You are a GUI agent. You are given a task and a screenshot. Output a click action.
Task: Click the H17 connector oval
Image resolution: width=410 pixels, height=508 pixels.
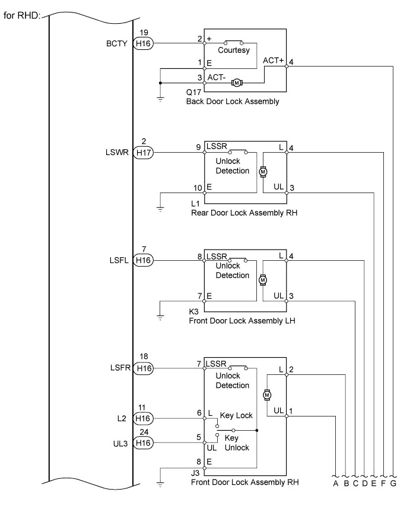(x=143, y=152)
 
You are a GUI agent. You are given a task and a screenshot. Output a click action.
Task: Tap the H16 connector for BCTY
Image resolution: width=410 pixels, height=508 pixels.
(x=143, y=43)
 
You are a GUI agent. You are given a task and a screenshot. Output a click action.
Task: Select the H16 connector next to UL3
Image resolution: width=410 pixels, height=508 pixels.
(x=143, y=443)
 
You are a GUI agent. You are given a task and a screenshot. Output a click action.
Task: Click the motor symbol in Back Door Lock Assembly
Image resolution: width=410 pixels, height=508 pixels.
(x=237, y=83)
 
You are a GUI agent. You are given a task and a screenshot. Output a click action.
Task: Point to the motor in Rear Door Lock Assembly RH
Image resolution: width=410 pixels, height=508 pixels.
(x=263, y=172)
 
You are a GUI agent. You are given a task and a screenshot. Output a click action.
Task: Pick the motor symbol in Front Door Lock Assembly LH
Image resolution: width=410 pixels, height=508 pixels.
(x=263, y=280)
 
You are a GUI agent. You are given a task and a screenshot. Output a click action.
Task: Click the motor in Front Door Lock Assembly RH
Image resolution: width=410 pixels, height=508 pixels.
(x=266, y=395)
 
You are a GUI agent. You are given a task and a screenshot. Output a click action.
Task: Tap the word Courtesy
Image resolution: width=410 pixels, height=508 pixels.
(x=234, y=51)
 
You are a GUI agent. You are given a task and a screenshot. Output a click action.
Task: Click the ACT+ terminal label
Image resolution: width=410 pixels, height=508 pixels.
(x=273, y=61)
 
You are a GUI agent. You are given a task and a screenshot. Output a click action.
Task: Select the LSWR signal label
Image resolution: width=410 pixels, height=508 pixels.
(x=117, y=152)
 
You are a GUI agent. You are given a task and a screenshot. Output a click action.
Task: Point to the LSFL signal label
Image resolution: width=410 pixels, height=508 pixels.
(x=119, y=260)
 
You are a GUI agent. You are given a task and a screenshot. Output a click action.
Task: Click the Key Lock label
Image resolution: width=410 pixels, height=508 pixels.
(x=236, y=416)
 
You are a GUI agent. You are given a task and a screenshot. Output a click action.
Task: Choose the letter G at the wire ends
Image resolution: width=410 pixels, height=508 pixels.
(x=393, y=484)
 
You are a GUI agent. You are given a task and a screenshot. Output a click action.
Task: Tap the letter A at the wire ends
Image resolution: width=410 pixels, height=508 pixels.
(x=336, y=484)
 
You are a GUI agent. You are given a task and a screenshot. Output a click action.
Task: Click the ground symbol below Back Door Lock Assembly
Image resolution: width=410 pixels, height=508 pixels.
(x=160, y=99)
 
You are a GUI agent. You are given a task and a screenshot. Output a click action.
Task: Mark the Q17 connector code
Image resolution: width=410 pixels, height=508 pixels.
(x=193, y=92)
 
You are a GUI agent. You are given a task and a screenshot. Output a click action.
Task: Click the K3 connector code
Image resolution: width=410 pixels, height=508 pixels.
(x=193, y=312)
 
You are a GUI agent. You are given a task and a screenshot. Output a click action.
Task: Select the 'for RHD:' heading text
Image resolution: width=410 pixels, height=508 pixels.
(x=22, y=15)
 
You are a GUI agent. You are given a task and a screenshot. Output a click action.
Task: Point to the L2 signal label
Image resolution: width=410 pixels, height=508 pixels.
(x=122, y=419)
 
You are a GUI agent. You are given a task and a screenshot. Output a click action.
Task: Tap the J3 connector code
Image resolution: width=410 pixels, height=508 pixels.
(x=195, y=473)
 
